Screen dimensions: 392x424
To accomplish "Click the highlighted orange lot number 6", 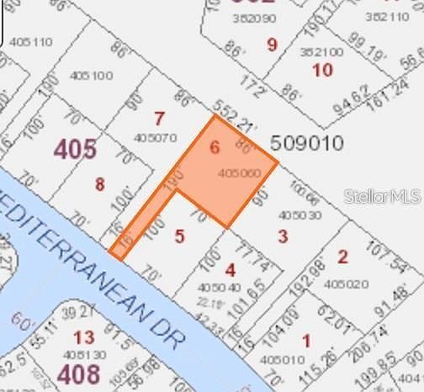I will pos(214,148).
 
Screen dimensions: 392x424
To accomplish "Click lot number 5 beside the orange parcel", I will pos(179,236).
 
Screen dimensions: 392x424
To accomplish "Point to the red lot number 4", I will pos(231,270).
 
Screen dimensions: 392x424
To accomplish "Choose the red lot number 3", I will pos(283,236).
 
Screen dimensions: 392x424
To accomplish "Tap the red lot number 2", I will pos(342,257).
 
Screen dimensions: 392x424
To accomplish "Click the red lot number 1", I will pos(305,341).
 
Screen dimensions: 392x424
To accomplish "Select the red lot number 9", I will pos(272,44).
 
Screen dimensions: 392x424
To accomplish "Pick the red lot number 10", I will pos(323,69).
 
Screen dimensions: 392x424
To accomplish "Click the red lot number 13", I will pos(83,338).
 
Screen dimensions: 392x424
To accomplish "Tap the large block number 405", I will pos(75,149).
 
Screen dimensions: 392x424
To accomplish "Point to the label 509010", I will pos(307,143).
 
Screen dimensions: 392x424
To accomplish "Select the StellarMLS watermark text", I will pos(382,196).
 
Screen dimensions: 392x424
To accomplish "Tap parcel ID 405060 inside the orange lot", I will pos(239,172).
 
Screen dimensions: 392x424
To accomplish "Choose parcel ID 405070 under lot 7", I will pos(155,137).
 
